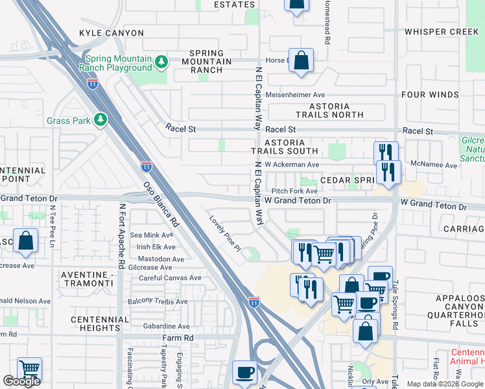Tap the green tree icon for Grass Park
[x=100, y=120]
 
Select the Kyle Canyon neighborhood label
[x=105, y=32]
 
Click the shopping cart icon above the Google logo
[x=29, y=369]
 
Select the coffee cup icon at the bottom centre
[x=245, y=372]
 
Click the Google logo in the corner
[x=21, y=381]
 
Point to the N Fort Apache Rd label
[x=121, y=237]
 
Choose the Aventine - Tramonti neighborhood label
[x=86, y=279]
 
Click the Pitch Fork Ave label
[x=294, y=191]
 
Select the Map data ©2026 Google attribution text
[x=445, y=384]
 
